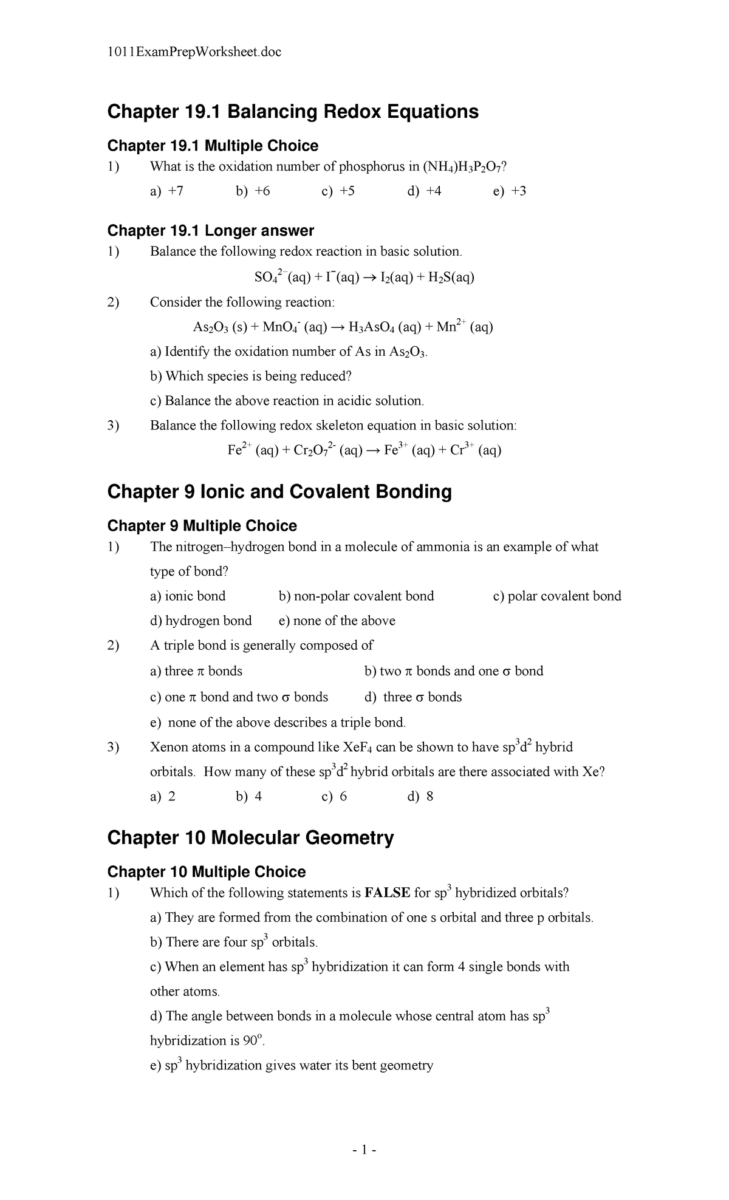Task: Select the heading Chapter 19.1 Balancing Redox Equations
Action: (x=293, y=112)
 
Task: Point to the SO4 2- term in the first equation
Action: (x=271, y=278)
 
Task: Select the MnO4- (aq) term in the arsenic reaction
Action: (x=295, y=327)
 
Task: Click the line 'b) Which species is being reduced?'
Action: (x=251, y=376)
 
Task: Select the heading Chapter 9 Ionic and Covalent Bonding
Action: (x=279, y=492)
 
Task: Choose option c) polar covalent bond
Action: (x=557, y=596)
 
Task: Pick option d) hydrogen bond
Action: (x=201, y=621)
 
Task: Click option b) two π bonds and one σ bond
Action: (x=453, y=671)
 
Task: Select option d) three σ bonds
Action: (x=413, y=697)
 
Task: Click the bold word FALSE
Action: (x=387, y=893)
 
